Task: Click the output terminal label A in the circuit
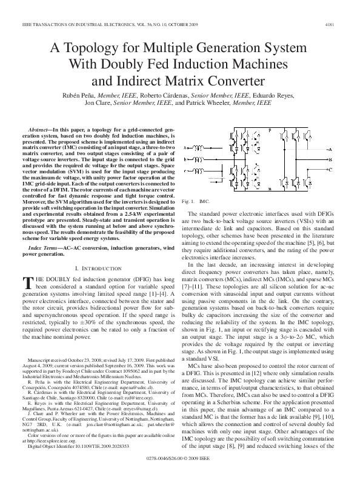(332, 149)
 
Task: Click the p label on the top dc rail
(270, 129)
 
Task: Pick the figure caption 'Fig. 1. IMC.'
(199, 201)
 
